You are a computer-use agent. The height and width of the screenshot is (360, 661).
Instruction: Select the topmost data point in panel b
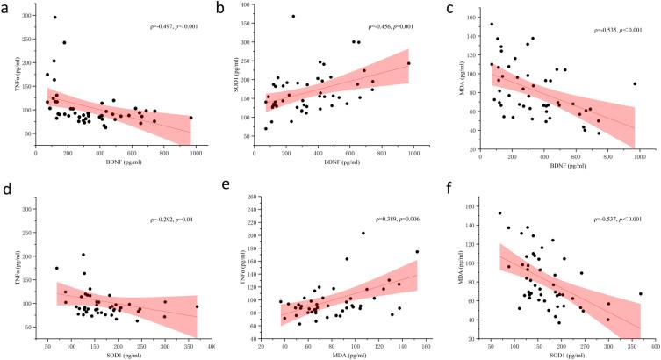(x=293, y=17)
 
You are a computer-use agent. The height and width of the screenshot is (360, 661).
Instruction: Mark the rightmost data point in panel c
(x=634, y=84)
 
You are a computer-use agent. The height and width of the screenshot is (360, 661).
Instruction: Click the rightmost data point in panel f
(x=641, y=294)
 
